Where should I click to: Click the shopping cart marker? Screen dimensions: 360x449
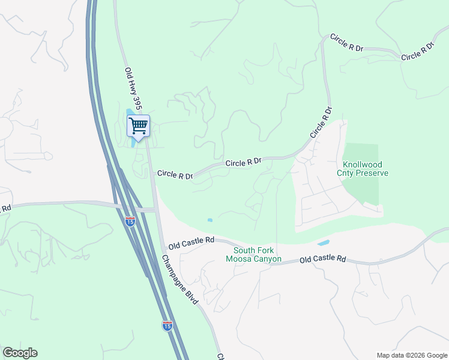[138, 127]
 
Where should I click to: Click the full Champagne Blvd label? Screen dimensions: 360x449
[179, 280]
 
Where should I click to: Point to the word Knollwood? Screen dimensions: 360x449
[363, 164]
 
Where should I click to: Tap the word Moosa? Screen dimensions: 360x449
[237, 259]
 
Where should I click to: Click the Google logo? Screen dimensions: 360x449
[20, 353]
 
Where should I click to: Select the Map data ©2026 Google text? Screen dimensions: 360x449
[411, 355]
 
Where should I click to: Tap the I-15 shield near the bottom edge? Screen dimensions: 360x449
[167, 325]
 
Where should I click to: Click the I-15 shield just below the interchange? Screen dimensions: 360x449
[130, 221]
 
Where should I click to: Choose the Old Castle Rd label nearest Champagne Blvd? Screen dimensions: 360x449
[191, 243]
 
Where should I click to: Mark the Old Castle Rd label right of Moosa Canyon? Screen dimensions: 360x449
[323, 259]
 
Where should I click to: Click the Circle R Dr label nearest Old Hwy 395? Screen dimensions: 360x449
[175, 175]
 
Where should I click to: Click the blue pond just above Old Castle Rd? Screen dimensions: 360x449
[323, 243]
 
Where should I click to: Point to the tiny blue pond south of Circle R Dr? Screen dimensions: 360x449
[209, 220]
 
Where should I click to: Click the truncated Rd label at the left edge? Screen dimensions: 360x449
[5, 209]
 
